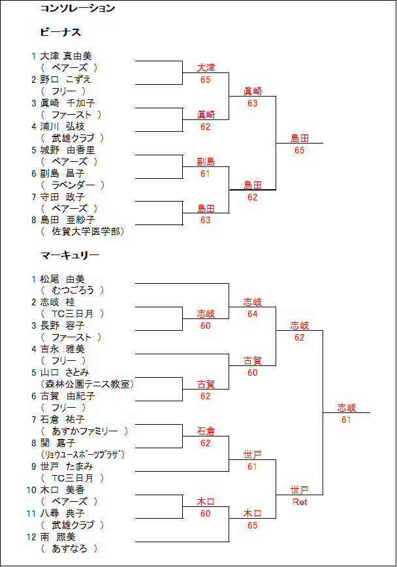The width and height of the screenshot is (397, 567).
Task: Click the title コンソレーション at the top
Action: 78,8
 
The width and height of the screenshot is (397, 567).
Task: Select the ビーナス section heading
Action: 61,32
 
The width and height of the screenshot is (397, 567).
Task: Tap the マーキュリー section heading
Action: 70,255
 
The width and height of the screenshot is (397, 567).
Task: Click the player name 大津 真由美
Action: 66,56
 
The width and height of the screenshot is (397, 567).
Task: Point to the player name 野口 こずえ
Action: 65,80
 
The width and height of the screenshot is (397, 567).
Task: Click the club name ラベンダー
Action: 73,185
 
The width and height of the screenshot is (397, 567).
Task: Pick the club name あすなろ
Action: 69,549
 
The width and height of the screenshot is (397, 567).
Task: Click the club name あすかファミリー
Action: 85,431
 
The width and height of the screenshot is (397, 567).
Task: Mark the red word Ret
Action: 300,502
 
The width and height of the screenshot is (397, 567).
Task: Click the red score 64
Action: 252,314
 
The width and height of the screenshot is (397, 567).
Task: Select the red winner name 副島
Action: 206,162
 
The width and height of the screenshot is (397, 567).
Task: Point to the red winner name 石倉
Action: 206,431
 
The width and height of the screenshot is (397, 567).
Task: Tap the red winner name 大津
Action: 206,68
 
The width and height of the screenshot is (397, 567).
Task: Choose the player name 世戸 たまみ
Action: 67,467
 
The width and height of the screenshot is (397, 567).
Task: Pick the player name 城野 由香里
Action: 67,150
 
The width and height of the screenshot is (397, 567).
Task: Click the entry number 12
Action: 31,537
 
